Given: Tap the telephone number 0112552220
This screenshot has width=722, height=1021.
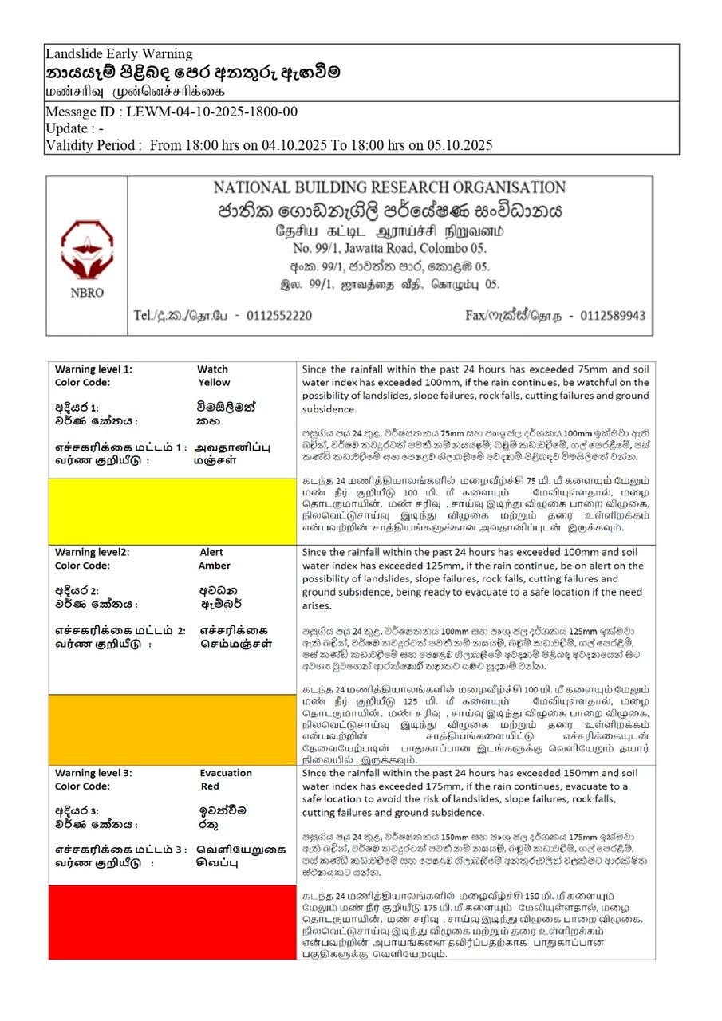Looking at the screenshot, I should click(x=274, y=316).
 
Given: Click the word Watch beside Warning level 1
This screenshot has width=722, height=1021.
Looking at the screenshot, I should click(x=212, y=369).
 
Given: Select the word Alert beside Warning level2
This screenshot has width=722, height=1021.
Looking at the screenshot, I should click(x=211, y=552).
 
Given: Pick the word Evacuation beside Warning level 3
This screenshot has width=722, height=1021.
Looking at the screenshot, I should click(x=226, y=773).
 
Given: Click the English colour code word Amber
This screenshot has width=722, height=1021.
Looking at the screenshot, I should click(x=215, y=566).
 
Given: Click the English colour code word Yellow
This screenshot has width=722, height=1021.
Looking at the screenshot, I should click(x=213, y=382).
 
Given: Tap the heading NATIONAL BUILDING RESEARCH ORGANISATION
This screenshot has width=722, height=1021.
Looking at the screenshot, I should click(x=389, y=188).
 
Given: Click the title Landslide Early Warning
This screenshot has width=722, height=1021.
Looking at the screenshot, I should click(x=119, y=54).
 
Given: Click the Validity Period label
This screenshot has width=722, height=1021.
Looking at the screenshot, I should click(x=94, y=145).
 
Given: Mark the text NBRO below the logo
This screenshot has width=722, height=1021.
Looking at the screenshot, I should click(x=87, y=293).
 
